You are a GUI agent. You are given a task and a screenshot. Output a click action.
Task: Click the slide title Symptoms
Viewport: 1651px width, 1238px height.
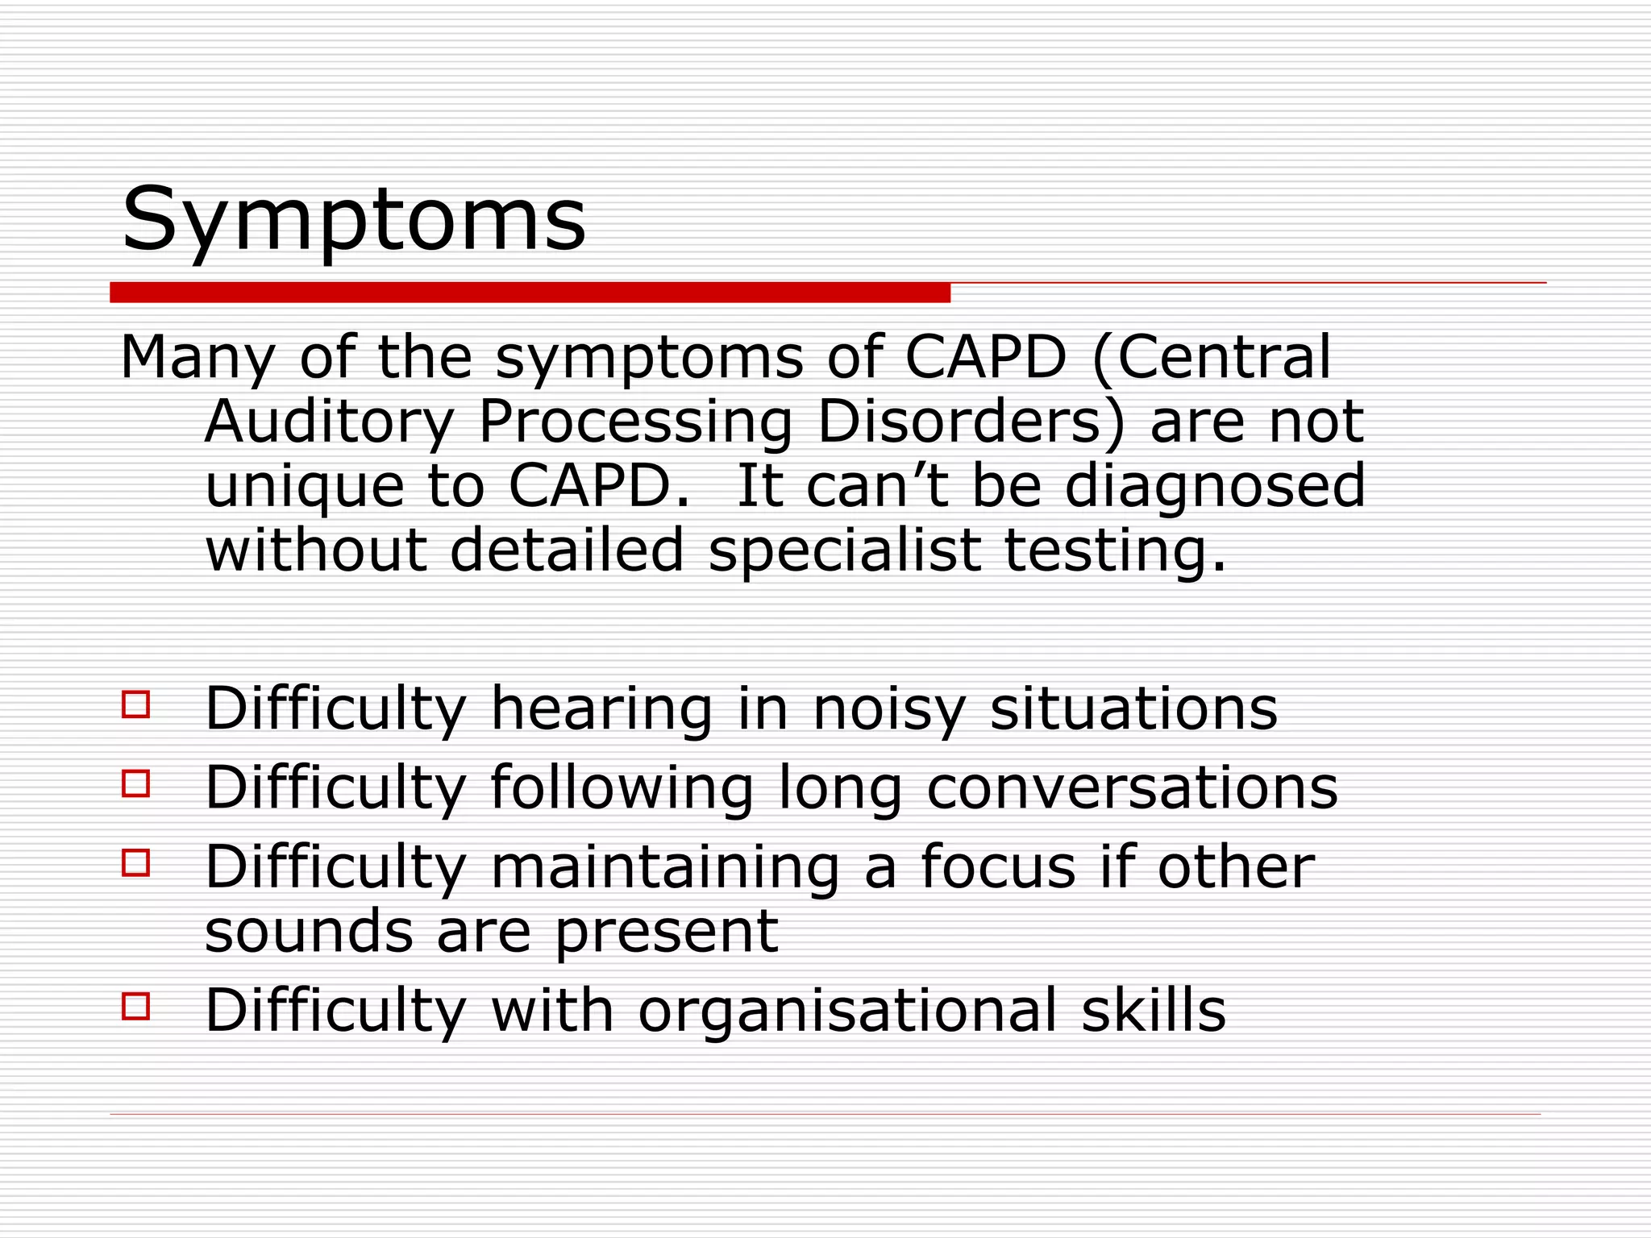coord(353,219)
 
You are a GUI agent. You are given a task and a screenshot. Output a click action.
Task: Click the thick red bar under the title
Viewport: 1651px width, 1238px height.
coord(530,293)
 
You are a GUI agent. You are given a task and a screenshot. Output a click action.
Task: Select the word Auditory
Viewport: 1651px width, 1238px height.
coord(330,422)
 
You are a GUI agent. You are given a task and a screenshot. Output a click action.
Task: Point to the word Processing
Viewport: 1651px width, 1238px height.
coord(635,424)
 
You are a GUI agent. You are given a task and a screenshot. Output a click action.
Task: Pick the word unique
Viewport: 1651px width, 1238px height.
coord(304,487)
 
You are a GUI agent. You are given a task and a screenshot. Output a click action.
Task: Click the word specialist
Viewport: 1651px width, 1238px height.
coord(844,551)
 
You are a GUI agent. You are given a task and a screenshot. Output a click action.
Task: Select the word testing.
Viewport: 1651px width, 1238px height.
coord(1115,551)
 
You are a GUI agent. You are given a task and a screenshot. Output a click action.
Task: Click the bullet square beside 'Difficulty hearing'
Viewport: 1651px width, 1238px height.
coord(136,704)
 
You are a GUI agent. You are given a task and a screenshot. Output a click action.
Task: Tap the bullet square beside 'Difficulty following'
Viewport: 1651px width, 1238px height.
coord(136,783)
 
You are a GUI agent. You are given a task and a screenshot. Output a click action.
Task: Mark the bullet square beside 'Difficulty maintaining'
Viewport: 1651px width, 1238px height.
coord(136,862)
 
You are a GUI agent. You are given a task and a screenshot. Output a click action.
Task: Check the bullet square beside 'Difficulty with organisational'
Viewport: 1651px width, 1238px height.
coord(136,1006)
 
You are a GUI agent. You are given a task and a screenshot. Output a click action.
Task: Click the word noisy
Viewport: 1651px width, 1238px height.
coord(888,709)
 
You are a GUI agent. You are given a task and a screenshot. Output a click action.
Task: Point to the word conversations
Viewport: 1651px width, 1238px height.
coord(1132,787)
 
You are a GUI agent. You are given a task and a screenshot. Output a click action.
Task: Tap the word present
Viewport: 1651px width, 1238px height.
coord(666,933)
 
